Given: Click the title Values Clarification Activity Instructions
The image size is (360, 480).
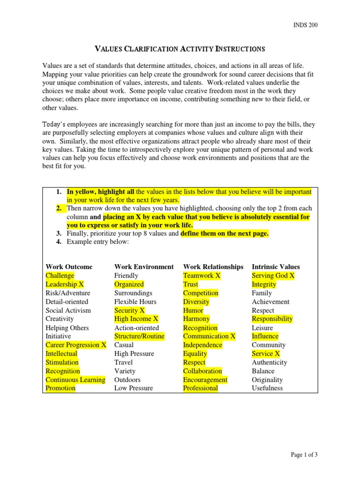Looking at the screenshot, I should (x=180, y=49).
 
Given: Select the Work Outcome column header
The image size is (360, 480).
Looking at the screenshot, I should (x=69, y=267).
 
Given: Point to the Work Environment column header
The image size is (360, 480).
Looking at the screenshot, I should (x=144, y=267).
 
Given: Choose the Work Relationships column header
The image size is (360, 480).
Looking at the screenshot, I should (x=213, y=267).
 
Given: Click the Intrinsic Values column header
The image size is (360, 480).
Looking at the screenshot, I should (x=276, y=267).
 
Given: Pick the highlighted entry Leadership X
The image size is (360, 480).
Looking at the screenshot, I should (x=65, y=284).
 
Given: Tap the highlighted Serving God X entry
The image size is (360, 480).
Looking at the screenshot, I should (x=273, y=276).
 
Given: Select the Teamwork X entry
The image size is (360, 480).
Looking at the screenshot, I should (x=202, y=276).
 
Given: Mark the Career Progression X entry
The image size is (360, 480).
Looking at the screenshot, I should (x=76, y=345).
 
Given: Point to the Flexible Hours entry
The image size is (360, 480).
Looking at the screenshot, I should (x=135, y=301).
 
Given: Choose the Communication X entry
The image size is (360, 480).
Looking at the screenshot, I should (x=209, y=336).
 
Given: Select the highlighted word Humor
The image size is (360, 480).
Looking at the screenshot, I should (x=193, y=310).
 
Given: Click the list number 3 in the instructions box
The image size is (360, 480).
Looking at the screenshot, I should (x=59, y=233).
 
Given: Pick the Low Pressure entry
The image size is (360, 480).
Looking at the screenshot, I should (x=134, y=388).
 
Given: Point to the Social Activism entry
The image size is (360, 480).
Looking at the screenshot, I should (x=68, y=310).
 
